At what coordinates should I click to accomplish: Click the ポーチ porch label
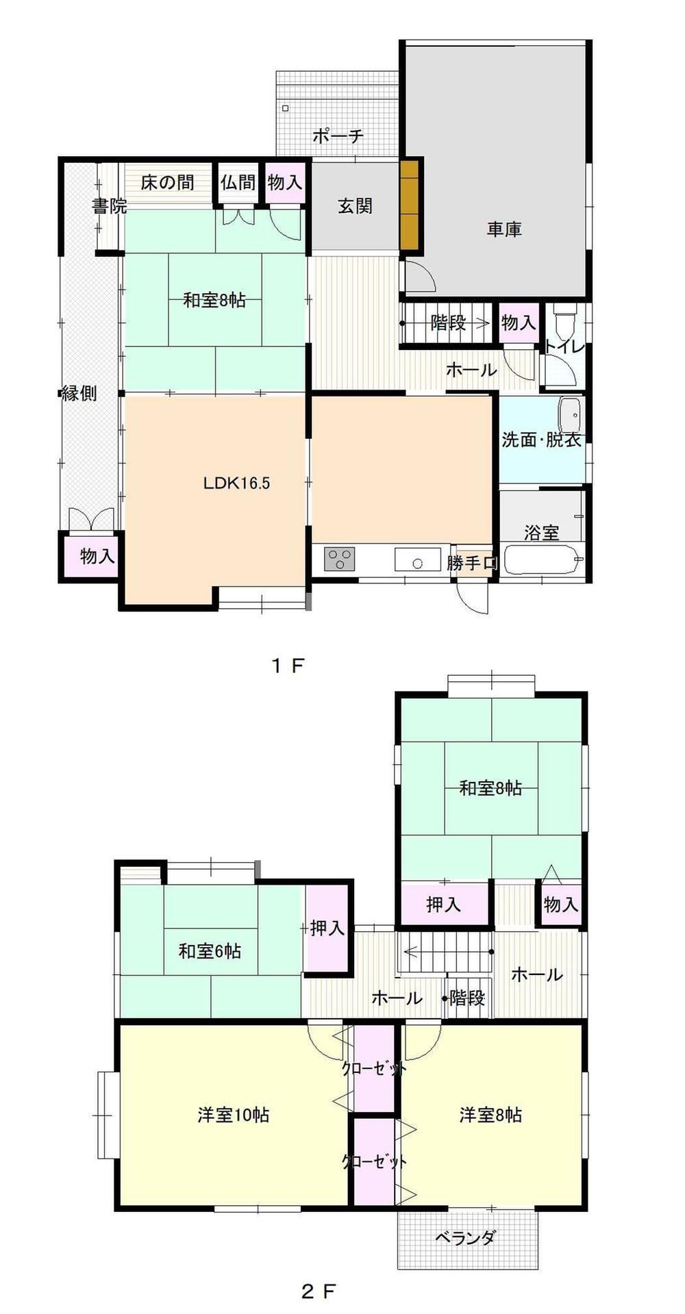(x=338, y=136)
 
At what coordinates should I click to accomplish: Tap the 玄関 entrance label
(x=355, y=205)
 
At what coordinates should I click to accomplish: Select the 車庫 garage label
(x=504, y=229)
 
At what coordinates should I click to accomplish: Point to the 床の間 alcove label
(x=167, y=183)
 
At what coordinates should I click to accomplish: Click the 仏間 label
(x=238, y=183)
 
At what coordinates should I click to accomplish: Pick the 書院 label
(x=110, y=205)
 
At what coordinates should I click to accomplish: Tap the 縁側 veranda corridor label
(x=79, y=393)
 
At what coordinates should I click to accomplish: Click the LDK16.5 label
(x=237, y=483)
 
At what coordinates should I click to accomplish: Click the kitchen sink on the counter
(x=417, y=559)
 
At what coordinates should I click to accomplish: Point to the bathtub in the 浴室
(x=544, y=559)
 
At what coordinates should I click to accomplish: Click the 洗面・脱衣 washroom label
(x=541, y=440)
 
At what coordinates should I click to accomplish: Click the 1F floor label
(x=287, y=665)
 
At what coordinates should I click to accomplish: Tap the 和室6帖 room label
(x=210, y=950)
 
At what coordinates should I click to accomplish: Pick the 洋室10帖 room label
(x=234, y=1115)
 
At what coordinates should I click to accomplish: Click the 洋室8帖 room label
(x=490, y=1115)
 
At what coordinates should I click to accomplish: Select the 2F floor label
(x=319, y=1291)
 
